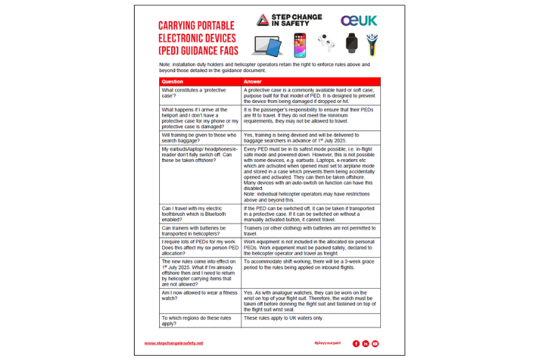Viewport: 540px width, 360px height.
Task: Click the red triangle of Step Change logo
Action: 264,20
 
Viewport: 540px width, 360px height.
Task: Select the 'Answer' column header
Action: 253,81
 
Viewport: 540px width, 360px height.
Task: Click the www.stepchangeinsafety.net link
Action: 174,343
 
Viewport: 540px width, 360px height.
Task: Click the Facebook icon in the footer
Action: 356,343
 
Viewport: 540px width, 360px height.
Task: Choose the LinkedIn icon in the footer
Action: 365,343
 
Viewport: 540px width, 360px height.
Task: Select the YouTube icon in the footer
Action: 374,343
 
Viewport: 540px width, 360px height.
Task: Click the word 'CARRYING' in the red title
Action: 182,25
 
